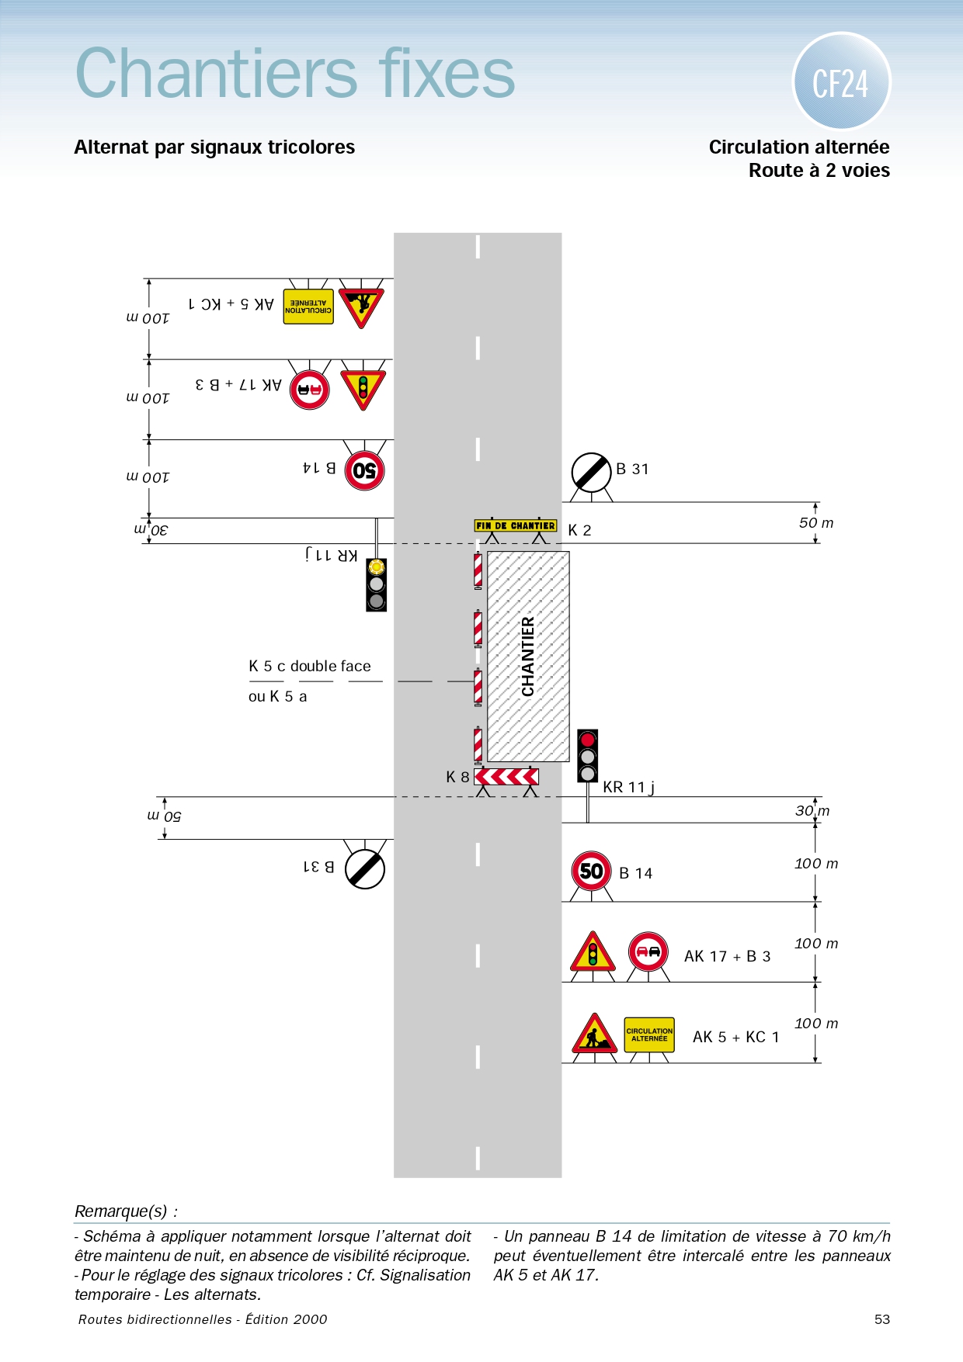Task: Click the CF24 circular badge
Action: tap(841, 81)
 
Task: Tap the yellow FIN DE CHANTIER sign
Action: tap(516, 525)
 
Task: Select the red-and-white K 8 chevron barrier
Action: tap(506, 776)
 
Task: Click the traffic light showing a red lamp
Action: tap(588, 755)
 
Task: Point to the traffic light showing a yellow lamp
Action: tap(377, 584)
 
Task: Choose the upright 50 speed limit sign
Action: tap(591, 871)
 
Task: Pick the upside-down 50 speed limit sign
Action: tap(364, 470)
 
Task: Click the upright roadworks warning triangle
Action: tap(594, 1033)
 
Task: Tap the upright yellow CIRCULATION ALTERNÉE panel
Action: tap(649, 1035)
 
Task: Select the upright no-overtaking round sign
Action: tap(648, 951)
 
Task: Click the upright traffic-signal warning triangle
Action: tap(593, 951)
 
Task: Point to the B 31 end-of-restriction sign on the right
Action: tap(592, 473)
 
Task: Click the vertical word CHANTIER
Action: tap(528, 657)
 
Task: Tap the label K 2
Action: tap(579, 530)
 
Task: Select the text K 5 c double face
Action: tap(310, 666)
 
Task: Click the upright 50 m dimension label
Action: tap(816, 522)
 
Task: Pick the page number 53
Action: tap(882, 1319)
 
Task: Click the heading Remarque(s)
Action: tap(126, 1211)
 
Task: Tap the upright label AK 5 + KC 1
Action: tap(735, 1037)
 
